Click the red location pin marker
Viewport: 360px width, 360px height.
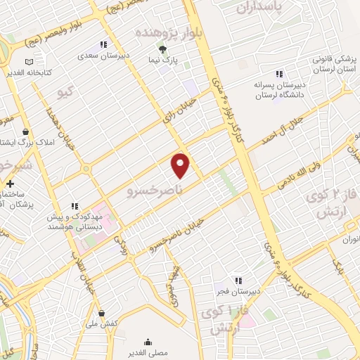pos(181,165)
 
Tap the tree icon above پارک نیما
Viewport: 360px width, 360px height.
pos(162,49)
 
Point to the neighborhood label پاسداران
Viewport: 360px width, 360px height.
pos(259,8)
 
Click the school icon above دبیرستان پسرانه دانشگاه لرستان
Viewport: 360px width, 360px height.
pos(279,73)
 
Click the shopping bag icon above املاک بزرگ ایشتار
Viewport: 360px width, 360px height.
pos(26,132)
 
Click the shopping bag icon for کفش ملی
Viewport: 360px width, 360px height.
pos(103,313)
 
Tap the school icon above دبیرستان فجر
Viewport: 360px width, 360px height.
pos(229,279)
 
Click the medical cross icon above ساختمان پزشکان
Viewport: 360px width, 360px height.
pos(9,184)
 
